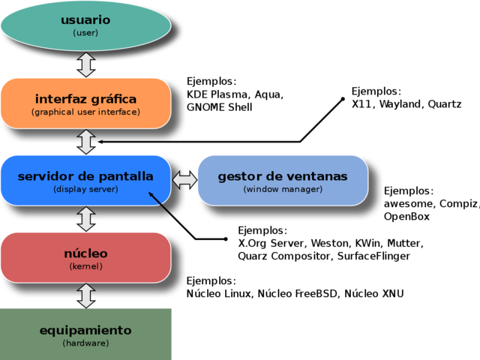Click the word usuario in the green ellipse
[x=85, y=19]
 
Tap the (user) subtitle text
[x=85, y=33]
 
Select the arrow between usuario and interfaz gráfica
[x=86, y=64]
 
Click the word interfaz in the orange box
[x=59, y=99]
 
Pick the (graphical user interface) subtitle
[x=85, y=112]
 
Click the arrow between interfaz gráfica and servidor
[x=86, y=141]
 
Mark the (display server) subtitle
[x=85, y=189]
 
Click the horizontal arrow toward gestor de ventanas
[x=184, y=180]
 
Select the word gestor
[x=239, y=176]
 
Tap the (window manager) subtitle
[x=283, y=189]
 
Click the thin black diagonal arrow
[x=162, y=205]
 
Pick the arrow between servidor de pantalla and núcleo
[x=86, y=218]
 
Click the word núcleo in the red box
[x=85, y=253]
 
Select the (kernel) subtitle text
[x=85, y=266]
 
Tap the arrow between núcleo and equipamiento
[x=86, y=295]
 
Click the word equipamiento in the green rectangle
[x=85, y=330]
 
